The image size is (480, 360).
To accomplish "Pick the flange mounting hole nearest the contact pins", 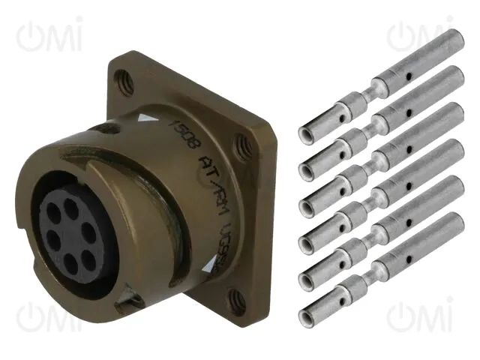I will click(x=241, y=144).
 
